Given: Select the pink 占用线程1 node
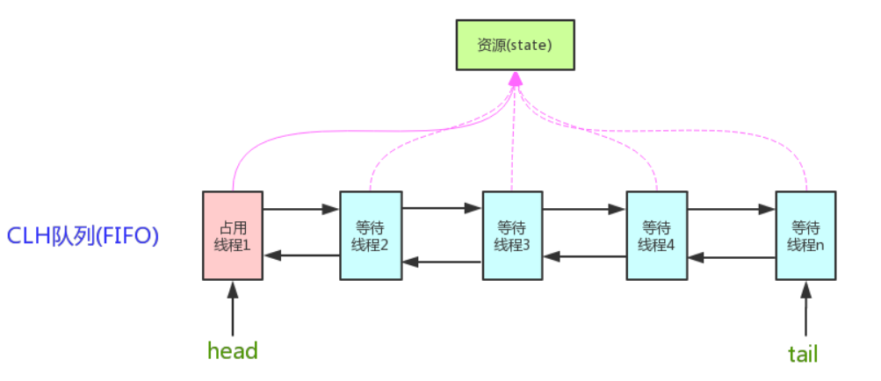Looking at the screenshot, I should tap(233, 235).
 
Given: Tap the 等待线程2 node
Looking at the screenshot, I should tap(371, 235).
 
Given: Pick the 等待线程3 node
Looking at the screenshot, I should tap(512, 235).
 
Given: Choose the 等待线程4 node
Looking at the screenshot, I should tap(657, 235).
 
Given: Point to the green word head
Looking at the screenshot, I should tap(233, 351).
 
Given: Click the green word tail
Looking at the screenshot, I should tap(803, 354).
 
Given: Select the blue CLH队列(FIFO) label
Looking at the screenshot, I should tap(83, 235).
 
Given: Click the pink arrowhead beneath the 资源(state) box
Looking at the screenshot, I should tap(516, 81).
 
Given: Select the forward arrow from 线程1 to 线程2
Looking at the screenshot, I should tap(301, 210).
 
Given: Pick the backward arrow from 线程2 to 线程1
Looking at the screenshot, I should tap(301, 255).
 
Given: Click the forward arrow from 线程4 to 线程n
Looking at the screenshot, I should tap(732, 210).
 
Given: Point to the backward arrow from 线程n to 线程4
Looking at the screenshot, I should tap(732, 258).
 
